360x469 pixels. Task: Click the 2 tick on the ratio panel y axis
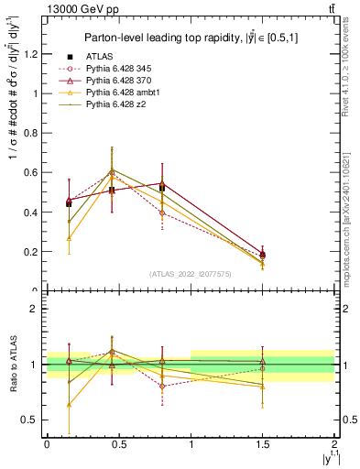click(x=37, y=309)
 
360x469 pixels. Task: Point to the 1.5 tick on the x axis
click(x=263, y=444)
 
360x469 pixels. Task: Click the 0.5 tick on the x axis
click(x=118, y=444)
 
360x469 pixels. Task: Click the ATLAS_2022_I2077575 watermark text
click(x=191, y=274)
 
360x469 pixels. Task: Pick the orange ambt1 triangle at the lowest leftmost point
click(x=69, y=238)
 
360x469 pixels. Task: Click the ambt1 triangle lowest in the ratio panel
click(x=69, y=404)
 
